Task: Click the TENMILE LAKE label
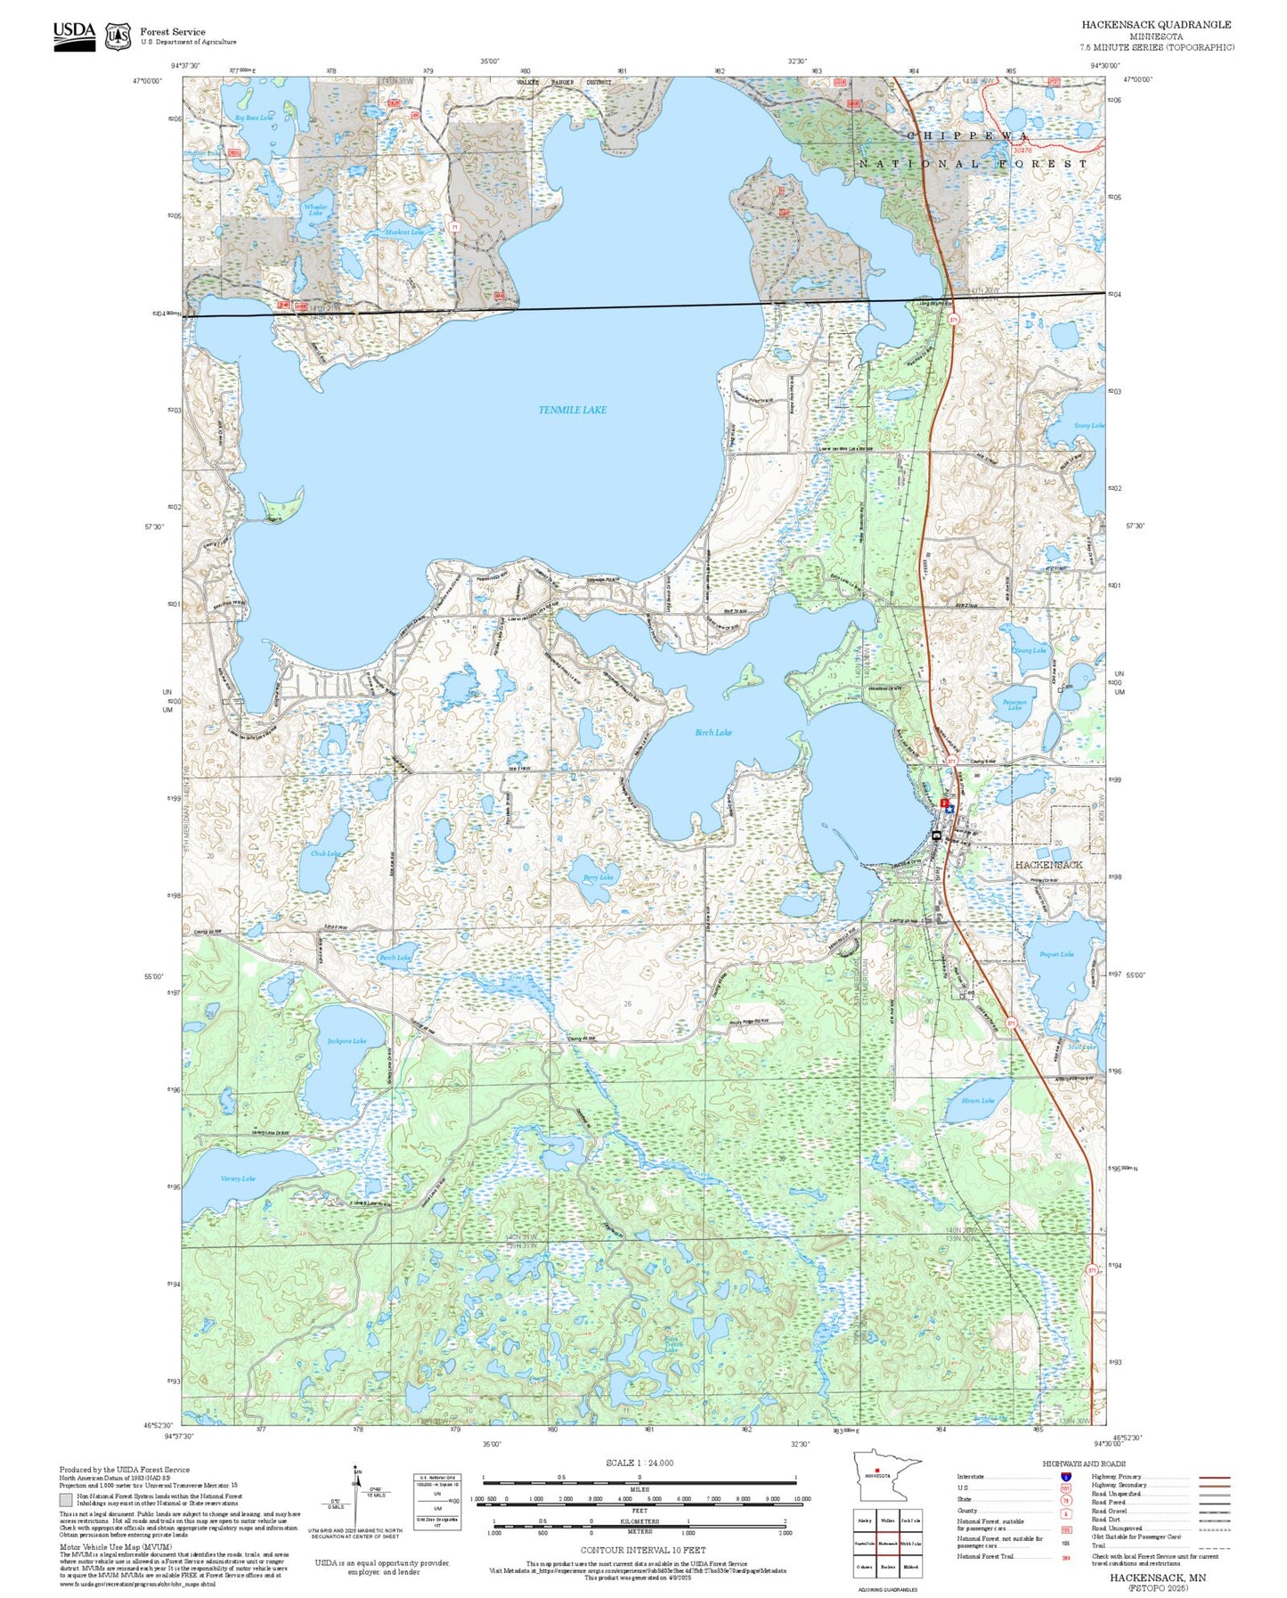(x=572, y=410)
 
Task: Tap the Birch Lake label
(x=713, y=732)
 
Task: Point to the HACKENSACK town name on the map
(x=1048, y=865)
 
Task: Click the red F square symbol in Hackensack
(x=943, y=803)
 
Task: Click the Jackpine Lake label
(x=346, y=1040)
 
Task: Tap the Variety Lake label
(x=237, y=1178)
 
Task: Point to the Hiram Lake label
(x=977, y=1100)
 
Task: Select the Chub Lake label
(x=325, y=853)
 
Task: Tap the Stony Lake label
(x=1087, y=426)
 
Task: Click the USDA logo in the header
(x=74, y=35)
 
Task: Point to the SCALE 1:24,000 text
(x=639, y=1463)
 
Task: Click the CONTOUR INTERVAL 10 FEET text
(x=642, y=1550)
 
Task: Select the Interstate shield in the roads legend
(x=1065, y=1477)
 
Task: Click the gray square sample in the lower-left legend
(x=66, y=1500)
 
